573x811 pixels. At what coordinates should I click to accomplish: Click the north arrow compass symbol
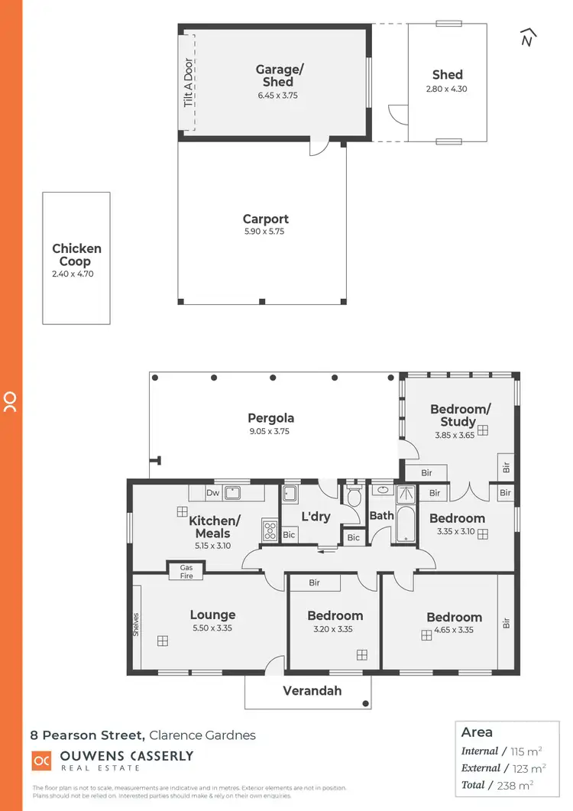point(526,37)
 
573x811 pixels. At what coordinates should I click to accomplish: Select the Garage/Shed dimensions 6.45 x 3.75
point(279,96)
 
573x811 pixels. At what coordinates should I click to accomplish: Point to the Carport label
point(266,219)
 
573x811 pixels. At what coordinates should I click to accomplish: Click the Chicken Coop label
point(76,255)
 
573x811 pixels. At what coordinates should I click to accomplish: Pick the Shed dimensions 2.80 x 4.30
point(447,89)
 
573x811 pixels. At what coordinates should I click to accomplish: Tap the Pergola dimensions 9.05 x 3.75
point(270,431)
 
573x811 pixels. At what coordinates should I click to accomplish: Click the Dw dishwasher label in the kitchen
point(212,493)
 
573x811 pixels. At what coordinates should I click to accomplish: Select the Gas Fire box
point(186,571)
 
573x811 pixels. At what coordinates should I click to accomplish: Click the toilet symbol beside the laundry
point(354,497)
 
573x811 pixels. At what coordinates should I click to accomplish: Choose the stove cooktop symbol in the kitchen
point(270,530)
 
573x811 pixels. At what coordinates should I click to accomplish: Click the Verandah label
point(312,691)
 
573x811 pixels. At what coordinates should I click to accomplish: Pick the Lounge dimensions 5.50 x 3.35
point(212,628)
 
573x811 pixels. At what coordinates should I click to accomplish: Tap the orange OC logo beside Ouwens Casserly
point(41,761)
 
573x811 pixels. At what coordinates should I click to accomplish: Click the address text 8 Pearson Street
point(86,735)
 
